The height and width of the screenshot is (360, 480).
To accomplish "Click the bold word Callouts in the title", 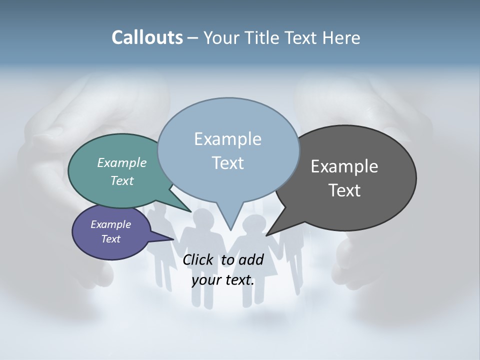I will tap(147, 38).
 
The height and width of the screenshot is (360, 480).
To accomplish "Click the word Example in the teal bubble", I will tap(122, 162).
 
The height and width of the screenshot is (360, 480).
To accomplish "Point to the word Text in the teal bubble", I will tap(122, 180).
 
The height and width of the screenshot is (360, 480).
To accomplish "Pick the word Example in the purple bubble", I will tap(110, 224).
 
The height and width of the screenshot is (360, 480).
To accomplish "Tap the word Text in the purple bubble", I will tap(110, 238).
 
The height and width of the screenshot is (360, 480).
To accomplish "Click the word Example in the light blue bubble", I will tap(227, 139).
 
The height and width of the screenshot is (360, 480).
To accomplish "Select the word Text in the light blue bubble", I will tap(227, 163).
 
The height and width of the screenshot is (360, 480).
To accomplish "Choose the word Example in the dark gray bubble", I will tap(344, 166).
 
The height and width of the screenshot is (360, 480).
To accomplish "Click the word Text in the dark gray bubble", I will tap(344, 190).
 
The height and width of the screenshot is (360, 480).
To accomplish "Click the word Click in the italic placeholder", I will tap(197, 260).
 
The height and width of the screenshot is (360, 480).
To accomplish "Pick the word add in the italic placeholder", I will tap(251, 260).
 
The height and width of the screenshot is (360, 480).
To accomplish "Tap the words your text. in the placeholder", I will tap(223, 280).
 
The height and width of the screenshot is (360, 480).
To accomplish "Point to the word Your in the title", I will tap(221, 38).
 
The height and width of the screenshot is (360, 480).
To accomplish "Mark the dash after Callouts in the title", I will tap(193, 38).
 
